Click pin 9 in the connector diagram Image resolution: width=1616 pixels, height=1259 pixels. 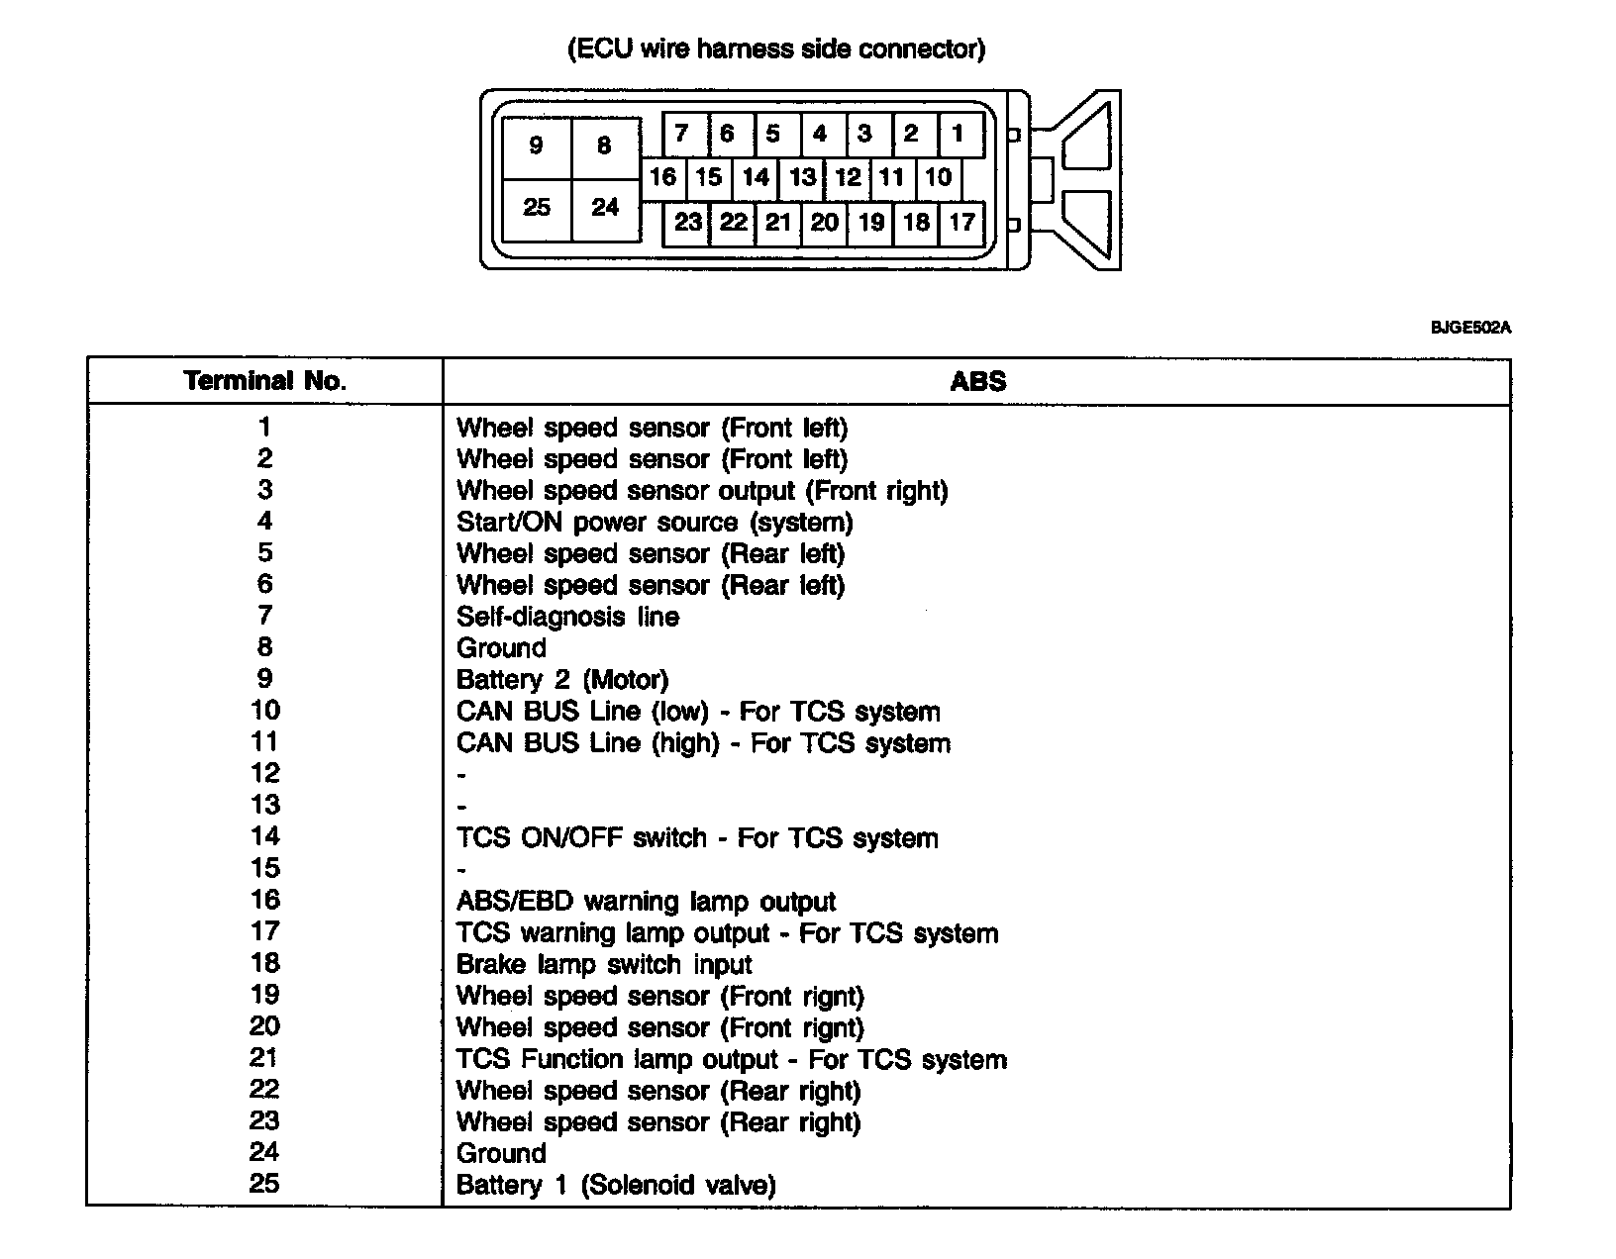point(536,145)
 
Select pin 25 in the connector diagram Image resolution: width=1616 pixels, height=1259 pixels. point(536,207)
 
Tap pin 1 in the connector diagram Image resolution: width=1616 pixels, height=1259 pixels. point(957,133)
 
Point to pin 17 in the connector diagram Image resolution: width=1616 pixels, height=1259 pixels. point(961,222)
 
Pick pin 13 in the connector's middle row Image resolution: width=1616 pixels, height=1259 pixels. point(802,177)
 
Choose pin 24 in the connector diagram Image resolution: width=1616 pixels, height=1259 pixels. point(604,207)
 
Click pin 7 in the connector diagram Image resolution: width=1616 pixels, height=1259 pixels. point(681,133)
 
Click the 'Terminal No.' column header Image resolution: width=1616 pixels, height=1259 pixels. point(265,381)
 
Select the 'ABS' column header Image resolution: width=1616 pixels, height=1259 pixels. point(977,381)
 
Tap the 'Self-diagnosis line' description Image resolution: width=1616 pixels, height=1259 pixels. point(567,617)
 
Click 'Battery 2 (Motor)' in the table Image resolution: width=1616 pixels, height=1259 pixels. point(562,680)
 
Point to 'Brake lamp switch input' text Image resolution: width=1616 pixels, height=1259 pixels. point(604,964)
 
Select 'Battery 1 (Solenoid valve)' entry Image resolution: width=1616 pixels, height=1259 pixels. point(616,1185)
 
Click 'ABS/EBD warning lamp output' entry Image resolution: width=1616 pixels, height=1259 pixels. point(646,902)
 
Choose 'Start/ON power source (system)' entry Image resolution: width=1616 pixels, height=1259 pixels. point(655,522)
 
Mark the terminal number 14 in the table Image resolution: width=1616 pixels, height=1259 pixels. point(265,836)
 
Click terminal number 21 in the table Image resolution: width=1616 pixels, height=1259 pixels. point(265,1058)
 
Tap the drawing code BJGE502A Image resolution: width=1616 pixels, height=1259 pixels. point(1470,328)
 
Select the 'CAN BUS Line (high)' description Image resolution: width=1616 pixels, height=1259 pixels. point(703,743)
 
